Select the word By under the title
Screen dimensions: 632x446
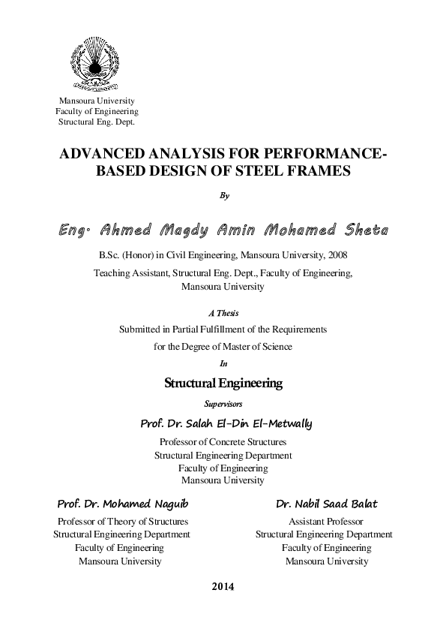[x=223, y=196]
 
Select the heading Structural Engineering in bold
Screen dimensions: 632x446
[x=223, y=383]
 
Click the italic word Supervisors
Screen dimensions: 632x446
[x=223, y=404]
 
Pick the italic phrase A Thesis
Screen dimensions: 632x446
[x=223, y=312]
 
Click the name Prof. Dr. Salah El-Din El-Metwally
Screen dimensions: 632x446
[x=226, y=424]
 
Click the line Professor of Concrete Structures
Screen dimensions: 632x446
[x=223, y=441]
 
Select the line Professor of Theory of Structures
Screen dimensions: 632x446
[x=123, y=521]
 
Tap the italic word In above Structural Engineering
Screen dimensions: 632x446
[x=223, y=363]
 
